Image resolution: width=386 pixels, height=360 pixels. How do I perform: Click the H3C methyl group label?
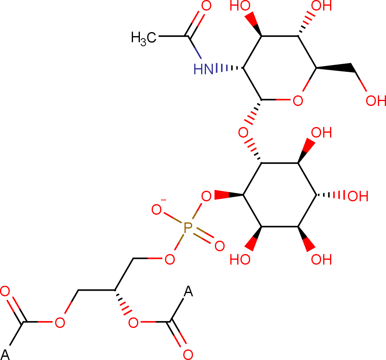[x=144, y=39]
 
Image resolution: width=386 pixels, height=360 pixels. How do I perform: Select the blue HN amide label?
[x=204, y=69]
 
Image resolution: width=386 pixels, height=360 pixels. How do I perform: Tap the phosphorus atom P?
[x=188, y=228]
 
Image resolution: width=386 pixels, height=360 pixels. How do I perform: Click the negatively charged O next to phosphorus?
[x=157, y=210]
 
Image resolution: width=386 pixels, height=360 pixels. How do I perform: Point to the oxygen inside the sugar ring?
[x=298, y=101]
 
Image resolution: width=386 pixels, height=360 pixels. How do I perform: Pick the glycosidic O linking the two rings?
[x=243, y=133]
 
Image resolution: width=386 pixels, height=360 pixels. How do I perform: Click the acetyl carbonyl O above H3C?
[x=206, y=5]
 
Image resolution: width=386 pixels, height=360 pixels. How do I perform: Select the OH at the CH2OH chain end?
[x=375, y=101]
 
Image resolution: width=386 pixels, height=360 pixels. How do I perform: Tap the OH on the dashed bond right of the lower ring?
[x=358, y=196]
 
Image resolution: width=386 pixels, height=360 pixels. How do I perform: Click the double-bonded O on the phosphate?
[x=220, y=246]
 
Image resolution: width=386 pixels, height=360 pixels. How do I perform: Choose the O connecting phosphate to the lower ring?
[x=206, y=196]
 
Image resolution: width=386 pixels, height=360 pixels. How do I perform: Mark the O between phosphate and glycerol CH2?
[x=170, y=259]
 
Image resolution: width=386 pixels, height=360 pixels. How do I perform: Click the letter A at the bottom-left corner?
[x=5, y=355]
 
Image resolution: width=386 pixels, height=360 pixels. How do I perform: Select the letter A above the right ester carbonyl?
[x=188, y=291]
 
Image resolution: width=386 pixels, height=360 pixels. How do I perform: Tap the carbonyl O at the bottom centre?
[x=188, y=355]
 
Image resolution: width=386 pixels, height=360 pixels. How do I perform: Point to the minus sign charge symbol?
[x=163, y=200]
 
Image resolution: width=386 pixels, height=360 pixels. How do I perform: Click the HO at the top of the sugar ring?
[x=240, y=5]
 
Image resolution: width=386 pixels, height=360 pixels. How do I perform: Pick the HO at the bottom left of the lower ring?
[x=240, y=259]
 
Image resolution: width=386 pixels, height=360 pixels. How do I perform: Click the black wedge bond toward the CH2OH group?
[x=335, y=67]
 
